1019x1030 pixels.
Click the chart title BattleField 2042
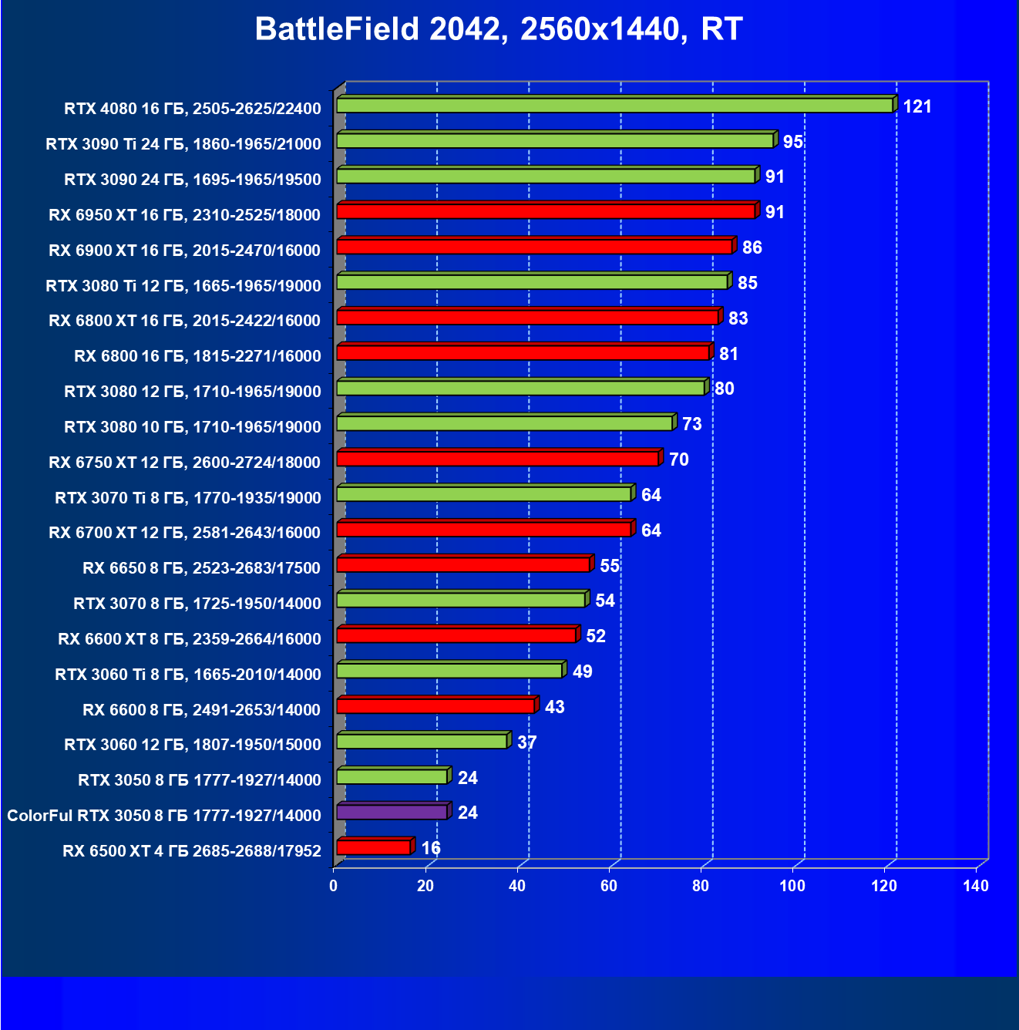(x=498, y=29)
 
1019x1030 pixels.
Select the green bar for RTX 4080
(x=614, y=106)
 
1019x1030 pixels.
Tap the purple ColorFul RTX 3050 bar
(x=392, y=813)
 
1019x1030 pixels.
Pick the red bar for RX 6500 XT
(x=374, y=848)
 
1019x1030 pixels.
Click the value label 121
(x=917, y=106)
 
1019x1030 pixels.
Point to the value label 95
(x=792, y=142)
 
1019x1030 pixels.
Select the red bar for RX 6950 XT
(x=546, y=212)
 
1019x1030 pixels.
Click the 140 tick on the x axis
(x=976, y=886)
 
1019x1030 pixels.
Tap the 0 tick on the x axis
(x=333, y=886)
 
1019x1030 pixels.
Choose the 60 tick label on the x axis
(x=609, y=886)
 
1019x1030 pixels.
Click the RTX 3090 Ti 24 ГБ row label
(x=183, y=143)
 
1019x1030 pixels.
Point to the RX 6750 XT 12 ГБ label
(x=184, y=463)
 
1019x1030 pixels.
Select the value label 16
(x=431, y=848)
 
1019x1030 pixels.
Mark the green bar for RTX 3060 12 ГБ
(x=422, y=742)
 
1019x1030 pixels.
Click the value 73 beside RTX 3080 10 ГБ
(x=691, y=424)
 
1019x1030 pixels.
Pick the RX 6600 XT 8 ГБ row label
(x=189, y=639)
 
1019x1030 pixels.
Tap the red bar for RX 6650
(x=463, y=565)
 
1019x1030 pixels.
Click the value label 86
(x=752, y=247)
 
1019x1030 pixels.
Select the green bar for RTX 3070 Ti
(x=483, y=494)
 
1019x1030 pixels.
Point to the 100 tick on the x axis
(x=792, y=886)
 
